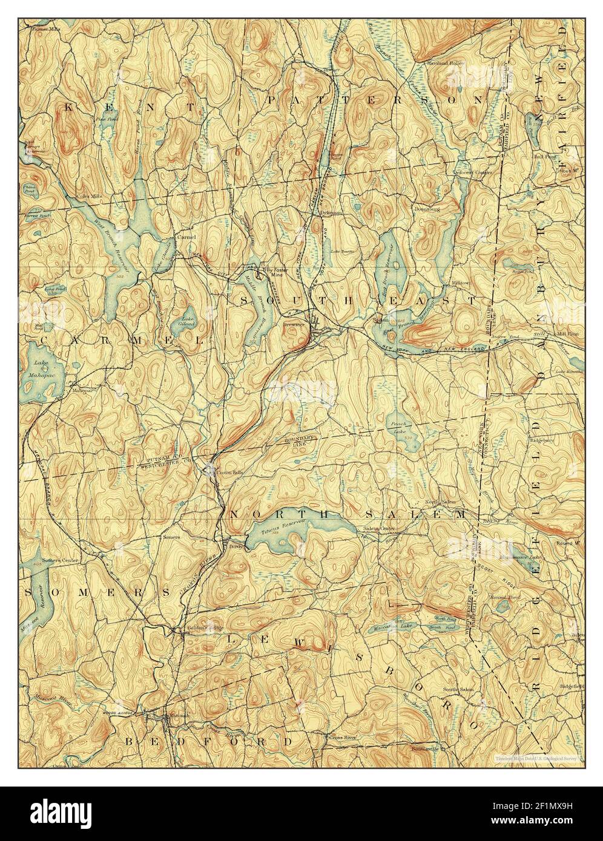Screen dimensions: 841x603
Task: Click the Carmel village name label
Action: point(186,237)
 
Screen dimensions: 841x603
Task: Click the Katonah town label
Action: point(179,716)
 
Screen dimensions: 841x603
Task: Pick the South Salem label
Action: point(457,689)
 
